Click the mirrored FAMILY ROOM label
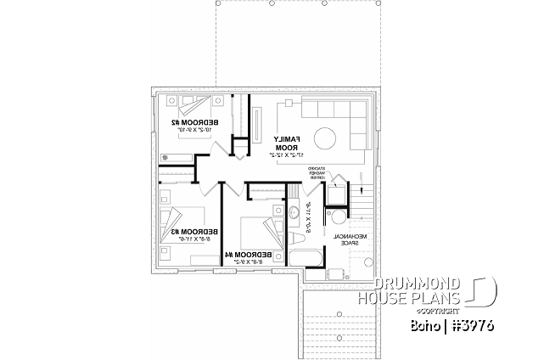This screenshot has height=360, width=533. tap(285, 142)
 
